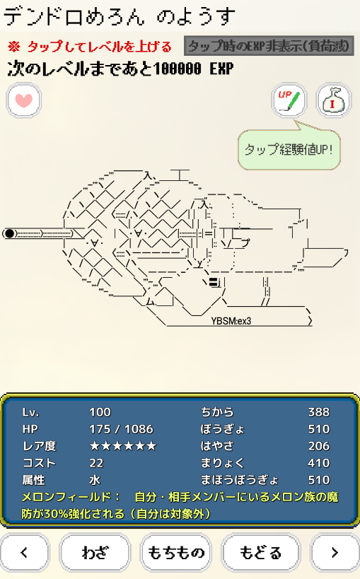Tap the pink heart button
(23, 100)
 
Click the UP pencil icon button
(289, 100)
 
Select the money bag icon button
(333, 100)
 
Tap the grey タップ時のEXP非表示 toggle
(269, 46)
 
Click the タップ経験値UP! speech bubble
(289, 149)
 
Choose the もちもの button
(176, 553)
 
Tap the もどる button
(260, 553)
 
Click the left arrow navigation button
(24, 553)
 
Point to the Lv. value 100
(100, 412)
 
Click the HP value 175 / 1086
(121, 429)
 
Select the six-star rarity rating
(122, 446)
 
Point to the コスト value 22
(96, 463)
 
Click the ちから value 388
(319, 412)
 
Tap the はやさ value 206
(319, 446)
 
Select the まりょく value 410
(319, 463)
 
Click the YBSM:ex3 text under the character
(231, 321)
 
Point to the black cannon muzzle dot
(10, 233)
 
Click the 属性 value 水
(95, 480)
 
